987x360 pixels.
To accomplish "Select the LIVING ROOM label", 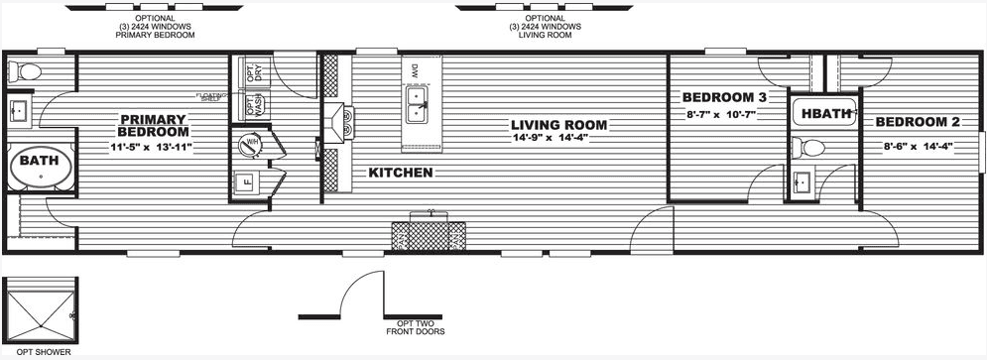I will click(x=558, y=125).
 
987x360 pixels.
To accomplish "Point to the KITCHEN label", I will click(x=400, y=173).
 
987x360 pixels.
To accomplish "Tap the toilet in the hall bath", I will click(x=813, y=149).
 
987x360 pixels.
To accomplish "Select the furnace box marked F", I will click(x=246, y=181).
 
